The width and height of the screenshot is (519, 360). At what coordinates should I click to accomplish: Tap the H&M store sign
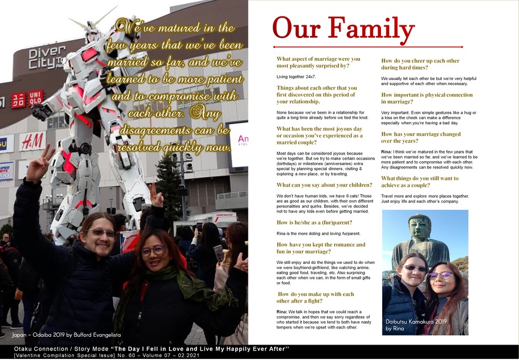pyautogui.click(x=33, y=141)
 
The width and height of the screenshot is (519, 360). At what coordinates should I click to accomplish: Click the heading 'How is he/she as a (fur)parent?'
pyautogui.click(x=316, y=223)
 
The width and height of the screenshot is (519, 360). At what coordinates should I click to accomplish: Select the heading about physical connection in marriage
pyautogui.click(x=427, y=98)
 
